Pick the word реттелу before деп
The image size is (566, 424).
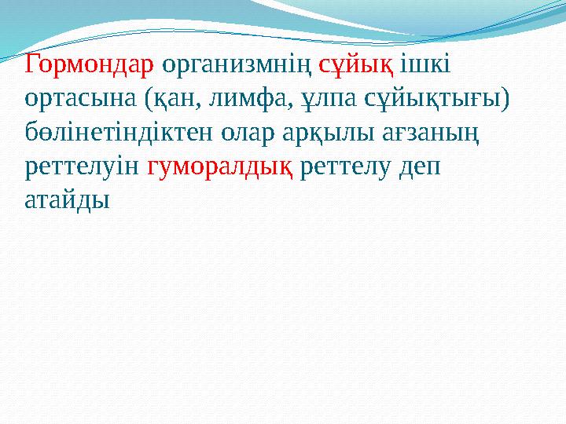coord(351,167)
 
